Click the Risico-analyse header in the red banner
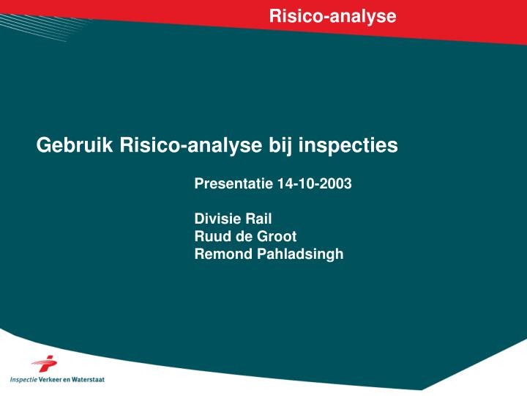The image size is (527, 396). (332, 16)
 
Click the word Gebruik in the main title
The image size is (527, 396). (75, 145)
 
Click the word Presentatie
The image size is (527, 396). (234, 184)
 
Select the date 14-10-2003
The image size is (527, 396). (315, 184)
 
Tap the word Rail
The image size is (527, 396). (258, 218)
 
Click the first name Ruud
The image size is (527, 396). (211, 236)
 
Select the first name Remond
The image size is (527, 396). (220, 254)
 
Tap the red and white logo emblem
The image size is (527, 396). (45, 364)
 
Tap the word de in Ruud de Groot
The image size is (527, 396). (242, 236)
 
